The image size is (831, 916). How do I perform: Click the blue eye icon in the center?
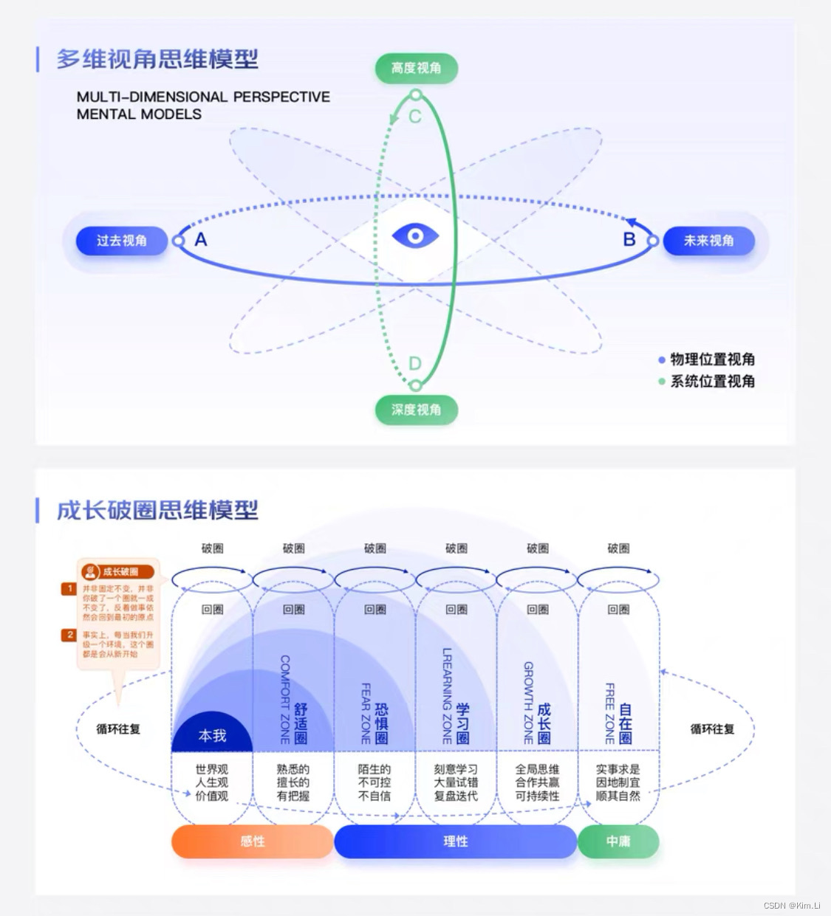tap(415, 236)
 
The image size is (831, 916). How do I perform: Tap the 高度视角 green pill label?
tap(416, 68)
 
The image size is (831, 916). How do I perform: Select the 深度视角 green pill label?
tap(416, 410)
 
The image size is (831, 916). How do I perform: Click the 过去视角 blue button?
tap(122, 241)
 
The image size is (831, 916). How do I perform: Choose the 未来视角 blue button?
tap(708, 241)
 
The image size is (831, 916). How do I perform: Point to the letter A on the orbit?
tap(200, 240)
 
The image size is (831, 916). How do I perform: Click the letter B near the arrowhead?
tap(629, 239)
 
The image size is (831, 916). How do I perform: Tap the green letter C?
tap(415, 117)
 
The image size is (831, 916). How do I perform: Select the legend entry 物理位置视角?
tap(711, 359)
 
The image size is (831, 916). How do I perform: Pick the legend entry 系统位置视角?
tap(711, 381)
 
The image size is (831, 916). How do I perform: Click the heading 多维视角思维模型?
tap(157, 59)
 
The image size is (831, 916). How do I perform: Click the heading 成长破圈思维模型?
tap(157, 510)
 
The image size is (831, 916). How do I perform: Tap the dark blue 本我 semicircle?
tap(212, 735)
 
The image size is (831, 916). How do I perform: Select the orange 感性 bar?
tap(252, 841)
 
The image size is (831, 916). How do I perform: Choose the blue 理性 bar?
tap(455, 841)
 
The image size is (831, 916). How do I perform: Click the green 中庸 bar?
tap(618, 841)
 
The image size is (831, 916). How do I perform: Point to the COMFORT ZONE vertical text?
tap(285, 698)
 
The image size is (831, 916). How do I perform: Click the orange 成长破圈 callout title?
tap(120, 571)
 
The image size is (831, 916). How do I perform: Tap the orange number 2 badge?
tap(69, 635)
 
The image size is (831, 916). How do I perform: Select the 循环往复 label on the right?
tap(712, 729)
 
